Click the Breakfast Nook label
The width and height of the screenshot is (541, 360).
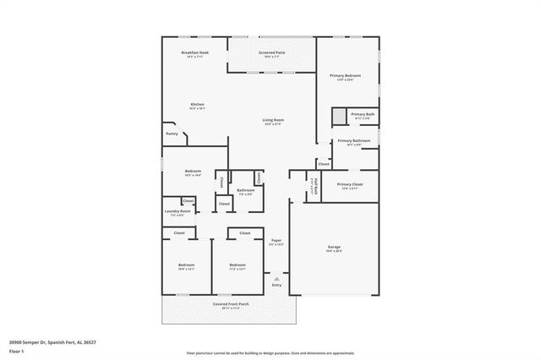[x=194, y=54]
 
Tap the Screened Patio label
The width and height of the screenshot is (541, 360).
[x=271, y=54]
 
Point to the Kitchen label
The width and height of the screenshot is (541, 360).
[x=197, y=106]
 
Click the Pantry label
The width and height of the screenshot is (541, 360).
[x=172, y=134]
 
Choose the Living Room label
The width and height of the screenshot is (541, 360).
[x=272, y=122]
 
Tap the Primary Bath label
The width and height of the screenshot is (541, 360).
[x=363, y=115]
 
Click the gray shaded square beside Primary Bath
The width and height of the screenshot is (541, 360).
[x=339, y=116]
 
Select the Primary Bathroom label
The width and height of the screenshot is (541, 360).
[x=354, y=142]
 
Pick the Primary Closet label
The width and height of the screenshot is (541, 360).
[x=349, y=185]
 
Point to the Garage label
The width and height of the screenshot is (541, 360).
[x=334, y=248]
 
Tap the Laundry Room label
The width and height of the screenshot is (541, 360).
[x=178, y=212]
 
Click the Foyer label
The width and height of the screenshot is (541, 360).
[x=276, y=242]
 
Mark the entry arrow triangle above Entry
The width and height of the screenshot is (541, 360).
[x=276, y=276]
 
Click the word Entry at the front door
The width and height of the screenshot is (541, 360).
[x=276, y=285]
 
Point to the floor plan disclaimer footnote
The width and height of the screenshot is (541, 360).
[x=270, y=352]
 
